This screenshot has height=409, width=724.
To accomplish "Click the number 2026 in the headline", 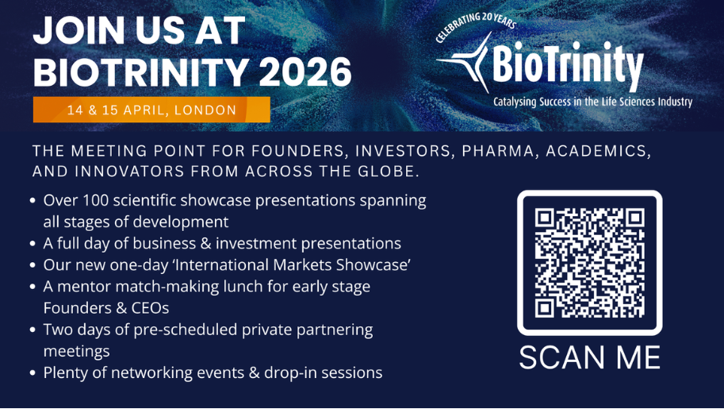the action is click(305, 71).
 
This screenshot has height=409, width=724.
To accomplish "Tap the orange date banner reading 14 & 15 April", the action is click(151, 110).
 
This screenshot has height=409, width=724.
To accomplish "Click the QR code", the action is click(590, 263).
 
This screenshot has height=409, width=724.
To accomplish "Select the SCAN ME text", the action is click(590, 357).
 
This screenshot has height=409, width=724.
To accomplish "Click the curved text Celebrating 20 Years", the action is click(476, 25).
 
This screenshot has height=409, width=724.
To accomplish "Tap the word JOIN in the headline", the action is click(79, 30).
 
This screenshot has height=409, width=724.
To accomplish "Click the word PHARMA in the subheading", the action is click(500, 152).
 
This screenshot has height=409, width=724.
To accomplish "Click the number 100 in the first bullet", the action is click(96, 200).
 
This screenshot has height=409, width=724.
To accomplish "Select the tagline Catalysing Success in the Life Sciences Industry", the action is click(593, 102).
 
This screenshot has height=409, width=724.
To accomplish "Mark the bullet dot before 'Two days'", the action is click(33, 330).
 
